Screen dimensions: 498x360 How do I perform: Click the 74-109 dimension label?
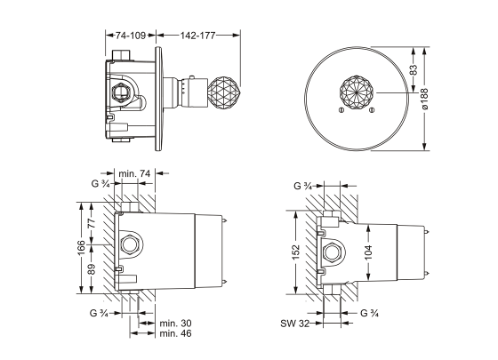(130, 36)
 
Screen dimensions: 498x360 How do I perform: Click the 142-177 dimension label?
(198, 36)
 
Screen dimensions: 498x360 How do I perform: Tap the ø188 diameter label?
(425, 99)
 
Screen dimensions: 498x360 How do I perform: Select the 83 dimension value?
(413, 70)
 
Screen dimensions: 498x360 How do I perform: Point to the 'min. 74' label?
(134, 173)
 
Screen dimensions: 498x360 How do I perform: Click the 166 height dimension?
(81, 248)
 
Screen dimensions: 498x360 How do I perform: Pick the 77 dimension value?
(92, 223)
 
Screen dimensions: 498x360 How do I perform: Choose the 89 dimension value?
(92, 269)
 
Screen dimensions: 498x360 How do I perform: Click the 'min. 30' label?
(176, 324)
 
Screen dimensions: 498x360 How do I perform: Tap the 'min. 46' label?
(176, 333)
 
